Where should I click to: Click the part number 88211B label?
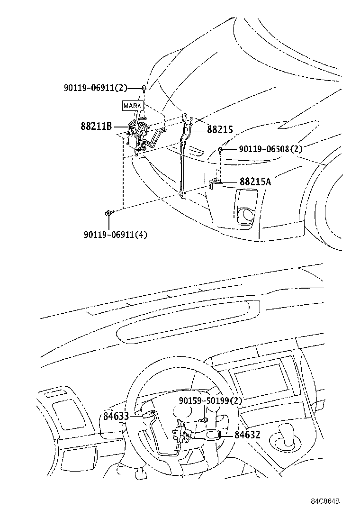pyautogui.click(x=96, y=127)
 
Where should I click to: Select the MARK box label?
pyautogui.click(x=132, y=106)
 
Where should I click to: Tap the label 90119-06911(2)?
pyautogui.click(x=96, y=88)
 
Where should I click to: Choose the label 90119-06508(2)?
pyautogui.click(x=270, y=149)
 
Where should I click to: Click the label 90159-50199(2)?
pyautogui.click(x=211, y=401)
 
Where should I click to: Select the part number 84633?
pyautogui.click(x=116, y=417)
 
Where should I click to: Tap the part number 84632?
pyautogui.click(x=247, y=434)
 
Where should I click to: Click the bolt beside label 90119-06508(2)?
pyautogui.click(x=221, y=150)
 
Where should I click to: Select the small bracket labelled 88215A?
pyautogui.click(x=215, y=182)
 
